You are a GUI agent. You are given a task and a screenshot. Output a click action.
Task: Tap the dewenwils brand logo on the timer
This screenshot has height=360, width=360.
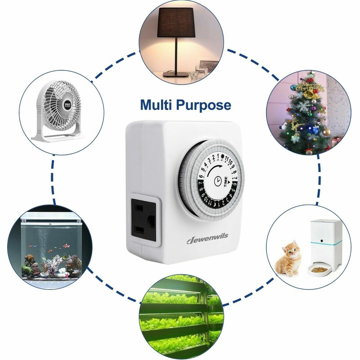pyautogui.click(x=207, y=238)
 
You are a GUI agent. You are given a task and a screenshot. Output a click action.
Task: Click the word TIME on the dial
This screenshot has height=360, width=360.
pyautogui.click(x=226, y=181)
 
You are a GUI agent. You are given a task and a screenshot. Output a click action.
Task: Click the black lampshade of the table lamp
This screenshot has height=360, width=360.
pyautogui.click(x=176, y=22)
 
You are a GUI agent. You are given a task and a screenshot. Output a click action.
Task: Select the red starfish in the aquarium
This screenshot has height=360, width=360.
pyautogui.click(x=67, y=275)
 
